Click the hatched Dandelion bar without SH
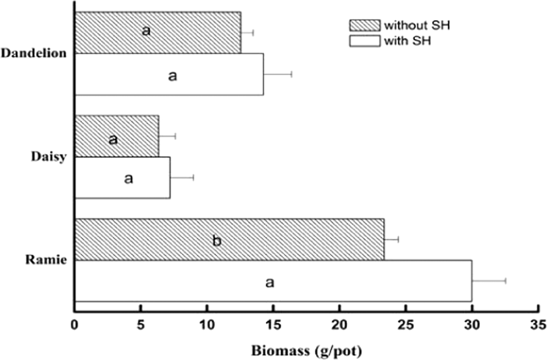click(183, 32)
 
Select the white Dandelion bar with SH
click(214, 74)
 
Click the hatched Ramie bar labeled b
click(275, 240)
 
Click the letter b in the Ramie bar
click(216, 241)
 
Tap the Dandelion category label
click(34, 53)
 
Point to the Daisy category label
click(50, 156)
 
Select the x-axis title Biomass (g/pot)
click(306, 351)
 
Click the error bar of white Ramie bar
click(489, 281)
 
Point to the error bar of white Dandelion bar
click(277, 74)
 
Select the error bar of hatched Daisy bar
click(167, 136)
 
